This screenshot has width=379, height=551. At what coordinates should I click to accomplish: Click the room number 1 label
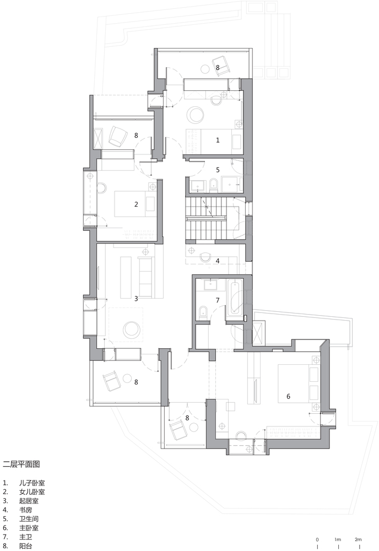218,140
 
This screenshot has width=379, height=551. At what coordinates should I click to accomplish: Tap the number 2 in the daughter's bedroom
136,204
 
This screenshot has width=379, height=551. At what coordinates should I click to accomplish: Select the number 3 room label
136,299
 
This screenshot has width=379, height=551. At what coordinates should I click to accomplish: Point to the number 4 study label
218,261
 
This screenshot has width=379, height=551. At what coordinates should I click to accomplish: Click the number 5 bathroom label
218,170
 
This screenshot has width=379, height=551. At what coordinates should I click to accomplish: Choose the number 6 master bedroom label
288,396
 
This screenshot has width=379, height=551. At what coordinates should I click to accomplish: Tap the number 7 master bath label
218,300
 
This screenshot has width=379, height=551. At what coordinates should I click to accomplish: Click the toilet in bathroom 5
213,185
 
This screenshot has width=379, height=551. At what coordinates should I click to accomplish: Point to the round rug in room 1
195,115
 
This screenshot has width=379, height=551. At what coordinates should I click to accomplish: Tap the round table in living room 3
132,329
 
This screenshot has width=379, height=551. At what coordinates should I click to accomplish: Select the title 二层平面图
21,464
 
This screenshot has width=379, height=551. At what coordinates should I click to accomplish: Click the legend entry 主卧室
29,528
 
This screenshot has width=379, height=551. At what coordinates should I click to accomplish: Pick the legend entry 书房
26,510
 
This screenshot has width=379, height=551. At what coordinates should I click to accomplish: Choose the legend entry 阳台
26,545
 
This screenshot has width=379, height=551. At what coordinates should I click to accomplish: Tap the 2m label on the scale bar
358,539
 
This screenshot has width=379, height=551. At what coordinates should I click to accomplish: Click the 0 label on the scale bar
317,539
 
